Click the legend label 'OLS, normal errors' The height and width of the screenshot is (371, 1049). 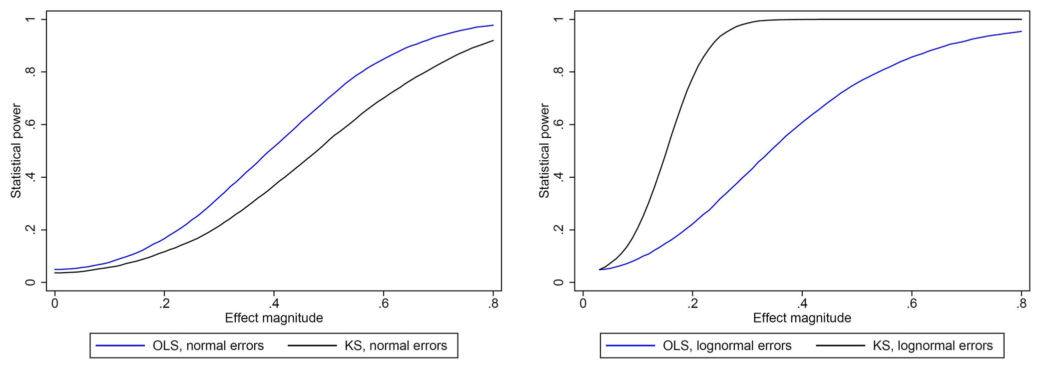[208, 346]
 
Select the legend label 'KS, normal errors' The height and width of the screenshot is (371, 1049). [396, 346]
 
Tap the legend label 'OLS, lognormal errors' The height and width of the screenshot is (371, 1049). [727, 346]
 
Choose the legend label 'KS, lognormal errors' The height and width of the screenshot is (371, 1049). [933, 346]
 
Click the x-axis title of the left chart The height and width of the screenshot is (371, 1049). [274, 318]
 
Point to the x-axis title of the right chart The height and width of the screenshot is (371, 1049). [802, 318]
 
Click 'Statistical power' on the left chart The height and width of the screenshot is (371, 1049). [16, 151]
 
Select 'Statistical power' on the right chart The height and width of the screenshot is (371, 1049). [544, 151]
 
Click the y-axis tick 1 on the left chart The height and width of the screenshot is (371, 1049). [31, 19]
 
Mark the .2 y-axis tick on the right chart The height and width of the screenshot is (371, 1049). [559, 230]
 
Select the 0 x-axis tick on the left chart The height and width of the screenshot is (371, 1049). [54, 304]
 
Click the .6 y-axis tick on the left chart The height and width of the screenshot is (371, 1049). [31, 124]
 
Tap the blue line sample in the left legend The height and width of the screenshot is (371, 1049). [120, 346]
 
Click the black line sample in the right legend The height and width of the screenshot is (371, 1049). [840, 346]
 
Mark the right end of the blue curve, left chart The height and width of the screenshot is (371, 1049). [494, 25]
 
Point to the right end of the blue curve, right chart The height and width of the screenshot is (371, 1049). [1022, 31]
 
